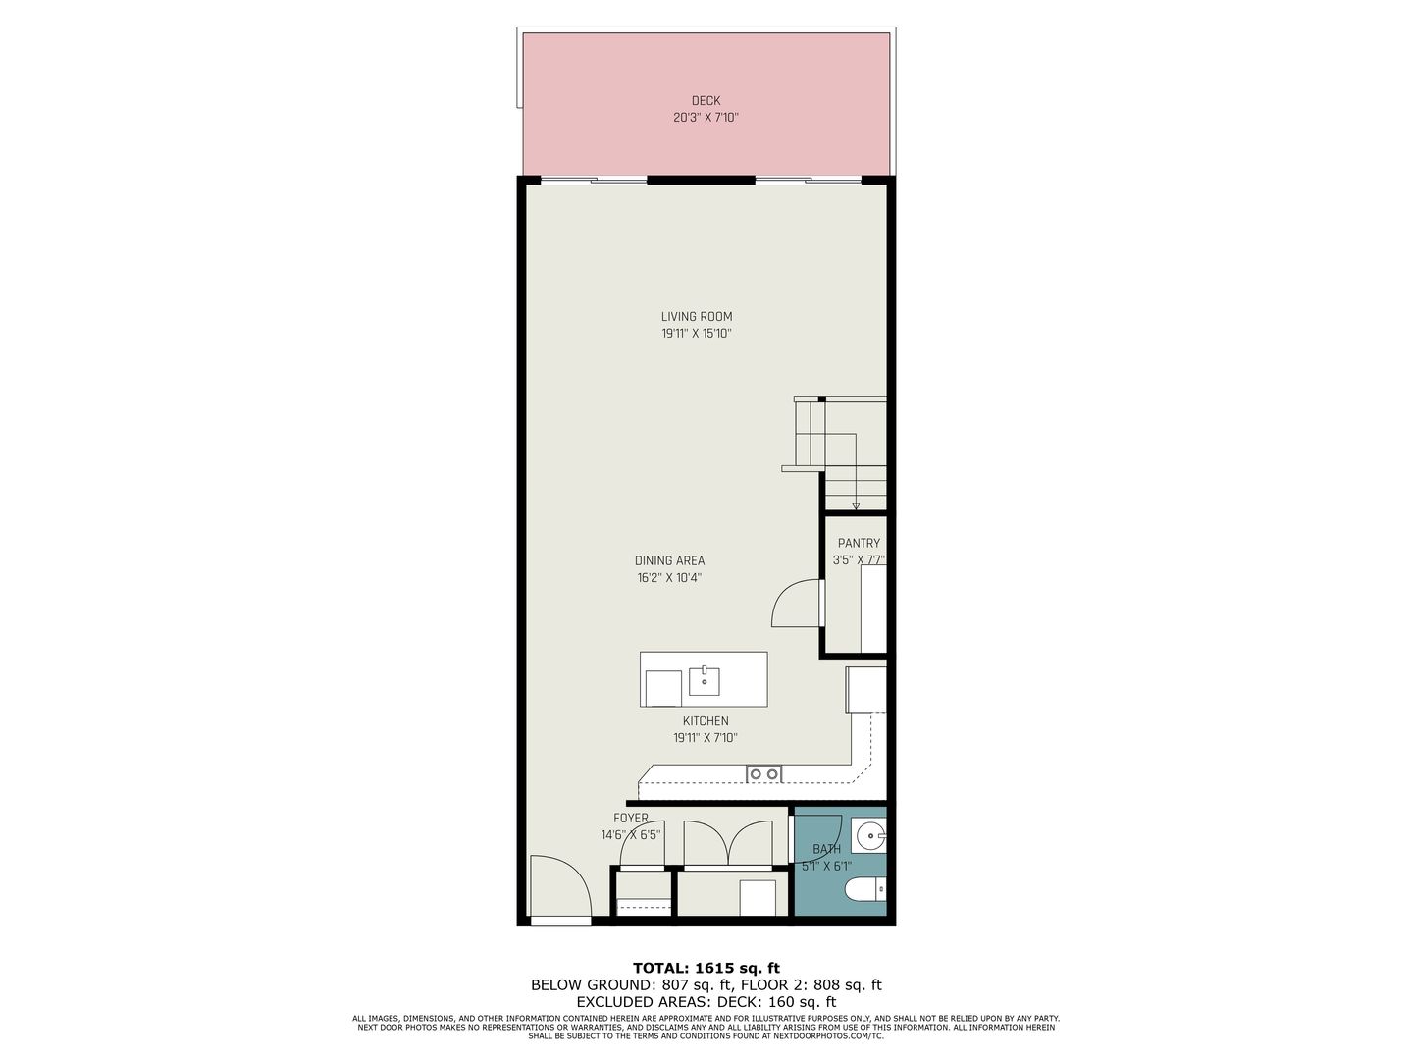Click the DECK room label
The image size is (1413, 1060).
706,100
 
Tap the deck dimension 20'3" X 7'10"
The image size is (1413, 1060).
706,117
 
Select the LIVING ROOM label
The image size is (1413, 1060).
697,317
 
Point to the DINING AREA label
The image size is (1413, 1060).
669,560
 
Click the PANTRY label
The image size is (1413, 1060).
859,543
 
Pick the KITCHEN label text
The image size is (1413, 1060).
706,721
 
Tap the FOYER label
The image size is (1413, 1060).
631,818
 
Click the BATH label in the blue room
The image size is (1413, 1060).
826,849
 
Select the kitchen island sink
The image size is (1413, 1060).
705,681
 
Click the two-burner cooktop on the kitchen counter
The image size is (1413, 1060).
764,773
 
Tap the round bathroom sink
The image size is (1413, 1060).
870,836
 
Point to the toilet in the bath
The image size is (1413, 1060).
864,891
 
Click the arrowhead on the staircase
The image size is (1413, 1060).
856,505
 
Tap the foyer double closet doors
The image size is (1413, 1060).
728,843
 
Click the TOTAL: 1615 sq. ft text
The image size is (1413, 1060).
706,968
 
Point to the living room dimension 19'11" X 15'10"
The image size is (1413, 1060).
697,334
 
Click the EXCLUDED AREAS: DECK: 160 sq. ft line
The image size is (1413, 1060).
706,1002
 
